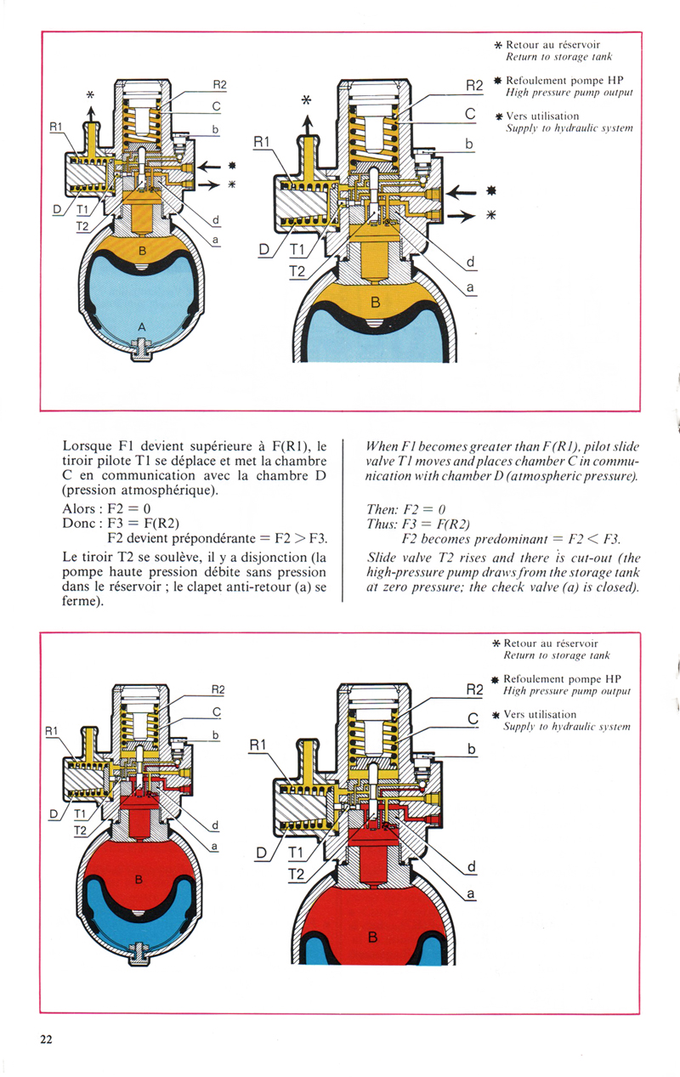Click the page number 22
46,1039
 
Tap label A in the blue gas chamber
141,327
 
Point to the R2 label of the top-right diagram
474,86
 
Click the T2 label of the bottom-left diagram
80,830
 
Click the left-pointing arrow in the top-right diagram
461,193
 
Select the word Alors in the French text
78,508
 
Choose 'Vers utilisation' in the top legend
542,116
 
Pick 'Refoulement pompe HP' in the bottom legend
562,679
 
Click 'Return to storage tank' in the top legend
558,57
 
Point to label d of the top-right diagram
470,262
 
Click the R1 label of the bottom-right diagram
258,745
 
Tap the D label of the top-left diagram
57,210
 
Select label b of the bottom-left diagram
215,735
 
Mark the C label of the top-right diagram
470,114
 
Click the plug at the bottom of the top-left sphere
141,349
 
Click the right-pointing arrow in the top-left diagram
209,184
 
